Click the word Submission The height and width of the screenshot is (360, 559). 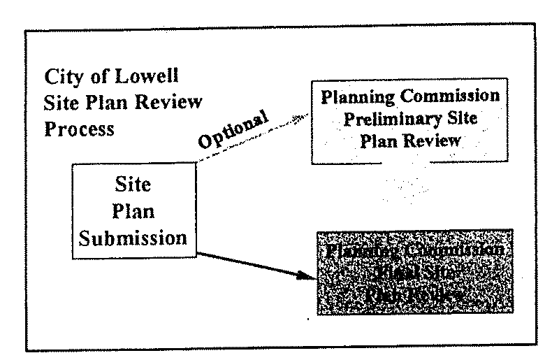(133, 238)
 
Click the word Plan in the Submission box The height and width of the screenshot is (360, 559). (132, 213)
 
